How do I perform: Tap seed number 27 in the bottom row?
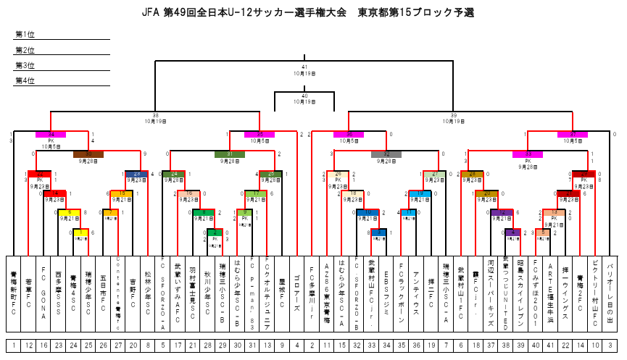tap(118, 346)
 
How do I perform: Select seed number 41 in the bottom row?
tap(550, 346)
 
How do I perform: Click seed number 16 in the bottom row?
tap(44, 346)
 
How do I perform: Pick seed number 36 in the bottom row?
tap(416, 346)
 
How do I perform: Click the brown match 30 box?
tap(88, 154)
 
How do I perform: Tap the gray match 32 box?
tap(386, 154)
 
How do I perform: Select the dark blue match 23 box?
tap(137, 174)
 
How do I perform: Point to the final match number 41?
tap(304, 67)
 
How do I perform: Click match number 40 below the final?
tap(304, 96)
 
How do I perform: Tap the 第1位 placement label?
tap(25, 35)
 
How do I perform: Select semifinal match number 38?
tap(155, 115)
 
